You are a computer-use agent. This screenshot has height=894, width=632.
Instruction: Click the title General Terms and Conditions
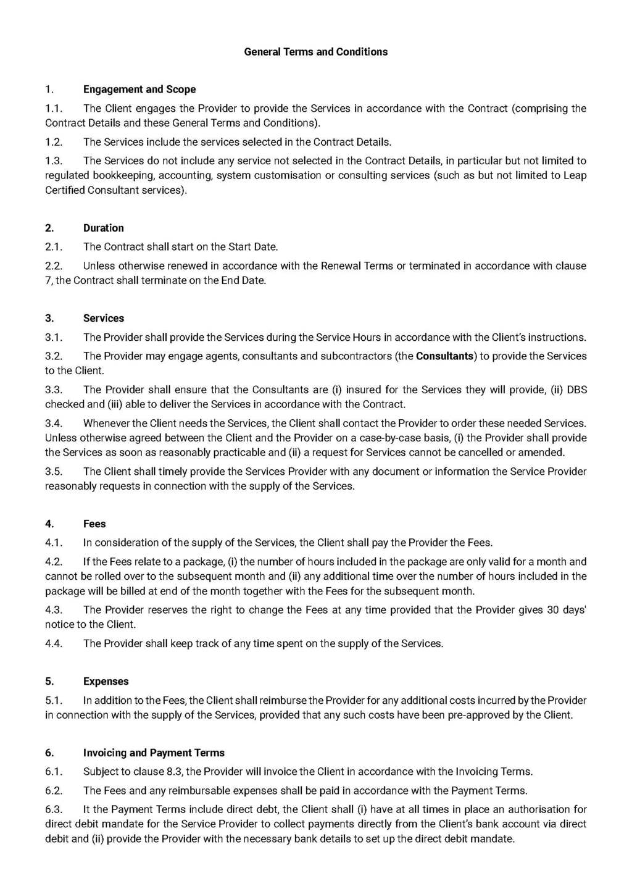click(x=315, y=52)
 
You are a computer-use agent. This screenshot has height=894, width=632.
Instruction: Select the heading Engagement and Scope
click(x=139, y=90)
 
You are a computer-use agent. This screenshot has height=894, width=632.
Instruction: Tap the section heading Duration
click(x=103, y=228)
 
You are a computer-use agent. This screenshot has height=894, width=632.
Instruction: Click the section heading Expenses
click(x=106, y=682)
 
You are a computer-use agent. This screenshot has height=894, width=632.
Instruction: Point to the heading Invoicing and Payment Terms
click(x=154, y=753)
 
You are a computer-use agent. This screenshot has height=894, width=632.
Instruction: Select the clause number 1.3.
click(x=54, y=161)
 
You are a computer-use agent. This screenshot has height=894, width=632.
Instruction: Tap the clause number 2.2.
click(x=54, y=266)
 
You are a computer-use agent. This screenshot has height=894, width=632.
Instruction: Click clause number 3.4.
click(x=54, y=424)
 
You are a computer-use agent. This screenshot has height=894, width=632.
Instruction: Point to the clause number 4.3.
click(x=54, y=610)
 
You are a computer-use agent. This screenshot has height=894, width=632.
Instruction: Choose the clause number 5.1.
click(x=54, y=701)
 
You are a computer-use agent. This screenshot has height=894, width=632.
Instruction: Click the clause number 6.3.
click(x=54, y=809)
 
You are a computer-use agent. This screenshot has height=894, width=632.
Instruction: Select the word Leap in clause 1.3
click(x=575, y=175)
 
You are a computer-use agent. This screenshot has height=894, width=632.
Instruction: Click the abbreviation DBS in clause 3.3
click(x=576, y=390)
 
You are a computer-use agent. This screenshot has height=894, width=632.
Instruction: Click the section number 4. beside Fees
click(x=49, y=524)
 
